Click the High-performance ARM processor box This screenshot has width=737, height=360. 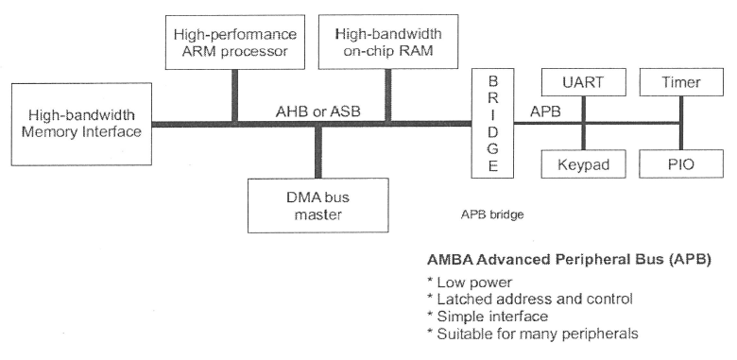233,42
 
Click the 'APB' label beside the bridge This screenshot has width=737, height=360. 546,111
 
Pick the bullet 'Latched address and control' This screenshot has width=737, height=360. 530,299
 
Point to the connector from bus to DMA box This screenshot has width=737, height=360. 318,150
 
